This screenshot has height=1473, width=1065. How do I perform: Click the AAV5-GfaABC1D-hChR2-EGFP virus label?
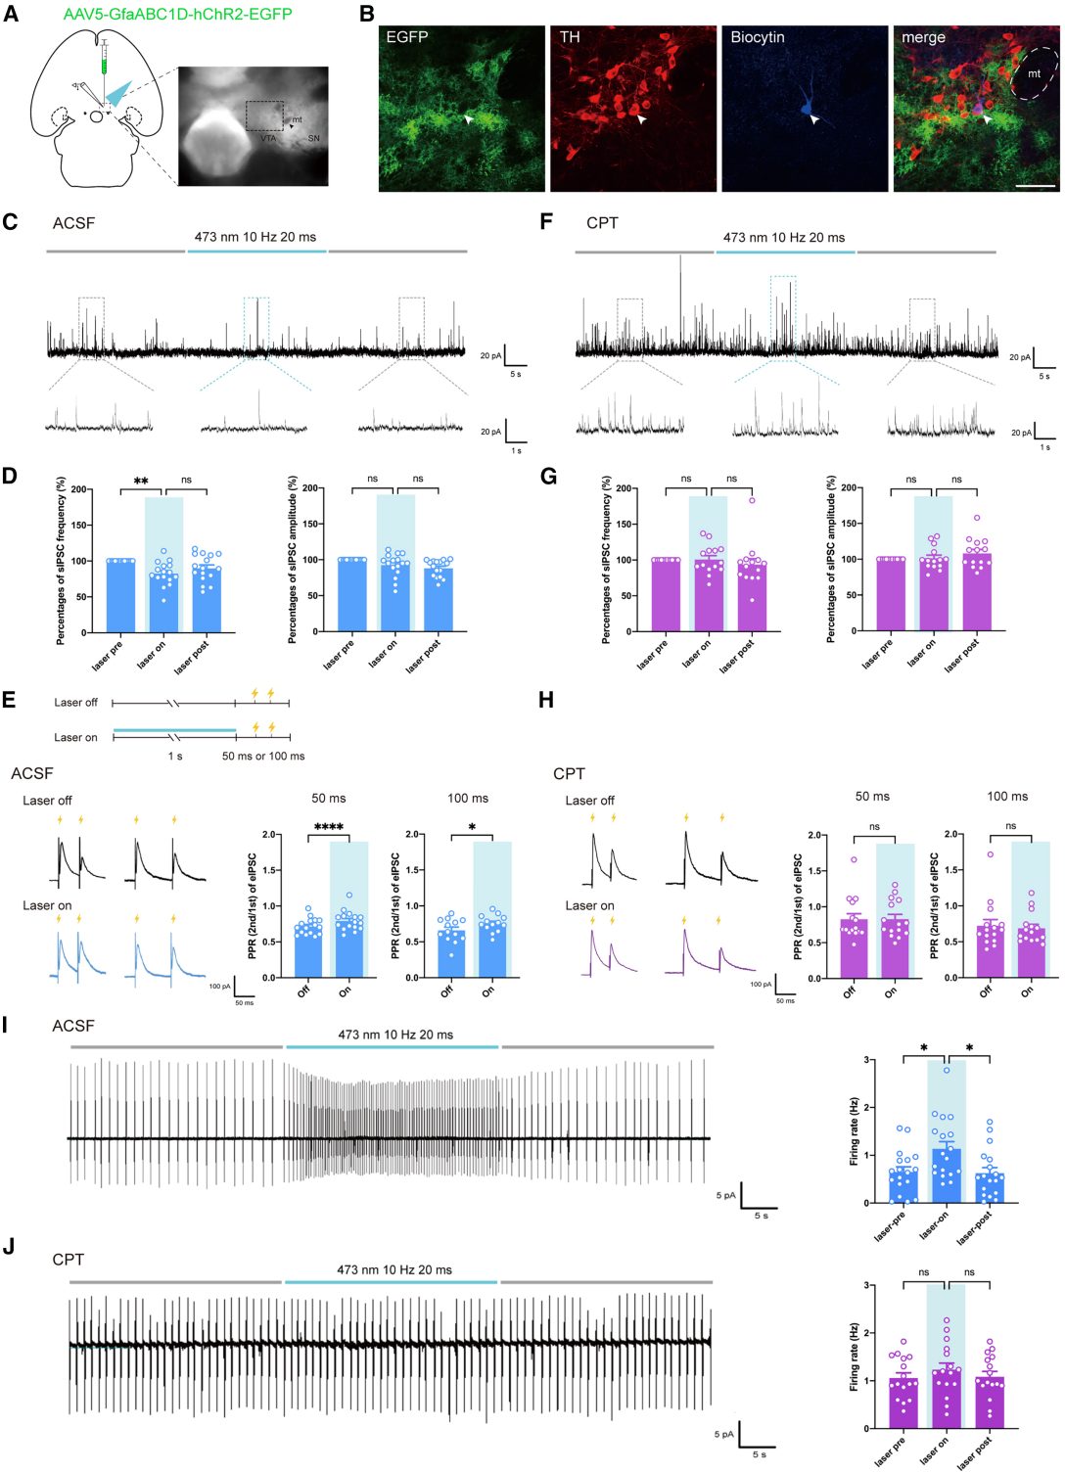(x=177, y=14)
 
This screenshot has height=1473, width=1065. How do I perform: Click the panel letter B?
(x=367, y=14)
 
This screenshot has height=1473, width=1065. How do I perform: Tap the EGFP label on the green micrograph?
(x=407, y=37)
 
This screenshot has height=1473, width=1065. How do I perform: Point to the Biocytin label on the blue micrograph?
(x=758, y=37)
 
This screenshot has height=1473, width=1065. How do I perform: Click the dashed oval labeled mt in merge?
(x=1034, y=73)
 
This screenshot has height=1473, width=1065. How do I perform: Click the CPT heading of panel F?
(x=602, y=223)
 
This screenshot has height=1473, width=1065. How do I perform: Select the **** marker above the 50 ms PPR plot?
(x=328, y=828)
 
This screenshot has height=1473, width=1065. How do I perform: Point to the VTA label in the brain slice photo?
(x=268, y=139)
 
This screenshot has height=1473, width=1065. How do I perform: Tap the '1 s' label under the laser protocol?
(x=175, y=757)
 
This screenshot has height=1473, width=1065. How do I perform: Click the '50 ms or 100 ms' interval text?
(x=263, y=757)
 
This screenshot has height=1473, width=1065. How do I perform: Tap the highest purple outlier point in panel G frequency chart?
(x=752, y=500)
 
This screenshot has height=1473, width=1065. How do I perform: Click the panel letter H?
(x=546, y=699)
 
